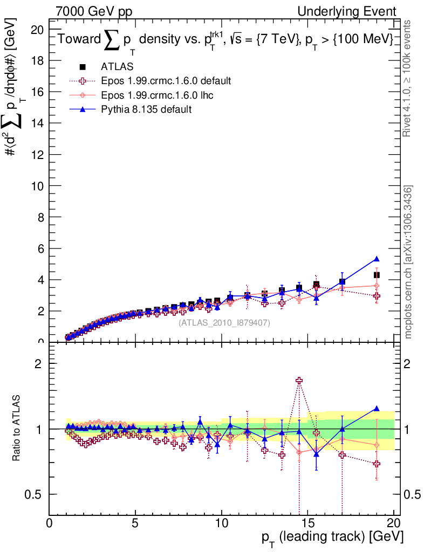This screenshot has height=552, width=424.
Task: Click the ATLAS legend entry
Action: [x=117, y=67]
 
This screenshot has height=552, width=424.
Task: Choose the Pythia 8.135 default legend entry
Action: [x=146, y=109]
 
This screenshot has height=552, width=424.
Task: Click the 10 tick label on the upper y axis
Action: [x=38, y=185]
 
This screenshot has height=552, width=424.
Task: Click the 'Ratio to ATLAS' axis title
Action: [x=17, y=429]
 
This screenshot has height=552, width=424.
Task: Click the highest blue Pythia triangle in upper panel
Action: [x=377, y=259]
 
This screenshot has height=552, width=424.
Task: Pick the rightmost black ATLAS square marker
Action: [x=377, y=275]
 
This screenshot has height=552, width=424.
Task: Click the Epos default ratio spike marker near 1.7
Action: [x=299, y=381]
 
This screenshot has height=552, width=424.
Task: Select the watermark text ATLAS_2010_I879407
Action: [x=224, y=322]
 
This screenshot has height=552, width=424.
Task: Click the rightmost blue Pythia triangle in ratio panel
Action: [x=377, y=409]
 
